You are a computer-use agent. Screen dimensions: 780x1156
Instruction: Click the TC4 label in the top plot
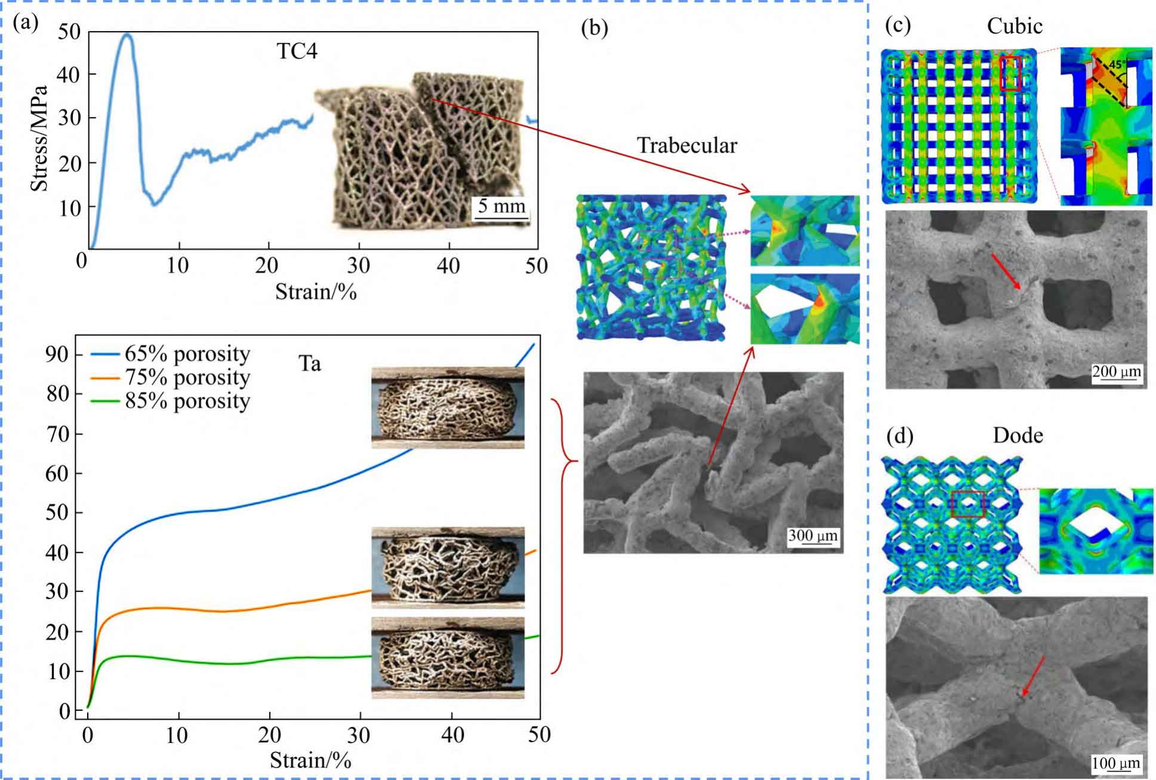click(x=297, y=52)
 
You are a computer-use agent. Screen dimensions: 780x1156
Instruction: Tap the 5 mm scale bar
click(x=501, y=207)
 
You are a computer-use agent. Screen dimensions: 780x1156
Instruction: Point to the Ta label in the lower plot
click(x=310, y=363)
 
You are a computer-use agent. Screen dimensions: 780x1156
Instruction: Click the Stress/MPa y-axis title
click(x=39, y=138)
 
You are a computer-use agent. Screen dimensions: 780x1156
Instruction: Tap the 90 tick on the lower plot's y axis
click(x=57, y=354)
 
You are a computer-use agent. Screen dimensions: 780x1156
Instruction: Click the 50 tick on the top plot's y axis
click(x=69, y=32)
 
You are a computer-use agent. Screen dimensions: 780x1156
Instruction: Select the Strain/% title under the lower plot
click(x=310, y=760)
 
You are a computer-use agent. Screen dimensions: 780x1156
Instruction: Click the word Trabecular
click(x=687, y=146)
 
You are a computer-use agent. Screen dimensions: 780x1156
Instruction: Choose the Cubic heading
click(x=1015, y=26)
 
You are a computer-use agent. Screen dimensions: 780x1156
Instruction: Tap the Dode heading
click(x=1018, y=436)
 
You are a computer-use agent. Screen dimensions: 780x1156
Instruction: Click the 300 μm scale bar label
click(x=813, y=535)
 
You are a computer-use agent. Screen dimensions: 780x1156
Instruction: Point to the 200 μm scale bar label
click(x=1117, y=372)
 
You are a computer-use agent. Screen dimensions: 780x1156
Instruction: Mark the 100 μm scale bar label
click(x=1115, y=763)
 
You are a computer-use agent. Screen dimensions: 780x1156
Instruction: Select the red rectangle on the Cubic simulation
click(x=1010, y=73)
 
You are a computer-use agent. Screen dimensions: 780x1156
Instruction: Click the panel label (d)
click(x=899, y=437)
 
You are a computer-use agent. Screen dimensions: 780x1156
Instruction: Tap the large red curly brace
click(x=564, y=536)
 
